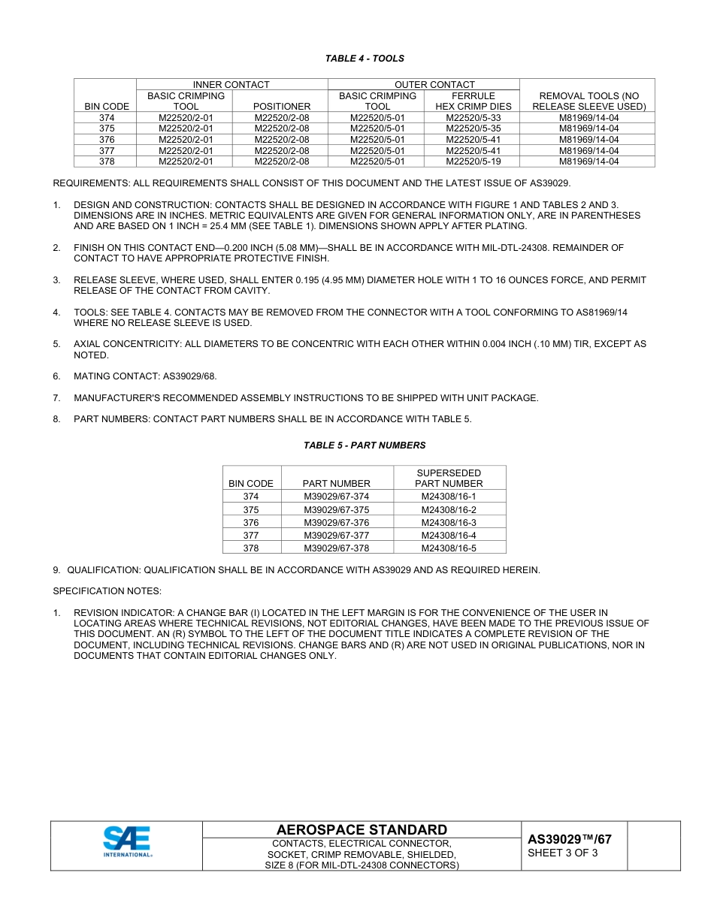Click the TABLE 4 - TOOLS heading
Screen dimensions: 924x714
point(365,59)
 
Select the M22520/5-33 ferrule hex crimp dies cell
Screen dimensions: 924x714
point(473,118)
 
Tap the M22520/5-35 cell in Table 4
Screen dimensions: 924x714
point(473,128)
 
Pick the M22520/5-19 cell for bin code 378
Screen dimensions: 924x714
point(473,161)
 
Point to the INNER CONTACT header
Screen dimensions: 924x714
point(231,85)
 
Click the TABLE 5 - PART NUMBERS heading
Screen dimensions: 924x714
point(365,445)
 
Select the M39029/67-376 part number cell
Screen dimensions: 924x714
point(336,522)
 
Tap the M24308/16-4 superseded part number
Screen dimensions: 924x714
point(449,535)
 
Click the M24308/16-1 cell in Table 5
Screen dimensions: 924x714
point(449,497)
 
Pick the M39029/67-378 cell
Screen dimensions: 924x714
point(336,548)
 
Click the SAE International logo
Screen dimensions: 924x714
point(127,841)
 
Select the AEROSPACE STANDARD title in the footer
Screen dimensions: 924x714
point(362,829)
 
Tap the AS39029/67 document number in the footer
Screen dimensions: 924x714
point(570,839)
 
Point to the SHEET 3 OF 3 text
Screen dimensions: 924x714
point(563,853)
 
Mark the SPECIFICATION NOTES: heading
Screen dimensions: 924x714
point(107,591)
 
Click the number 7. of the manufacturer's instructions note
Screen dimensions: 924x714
point(56,398)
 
